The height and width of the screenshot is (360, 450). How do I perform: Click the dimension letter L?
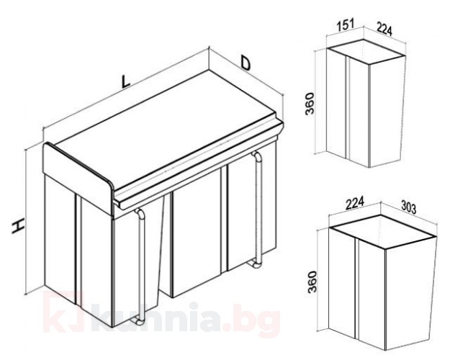pos(125,81)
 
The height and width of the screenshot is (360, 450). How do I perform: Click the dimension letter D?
pos(246,63)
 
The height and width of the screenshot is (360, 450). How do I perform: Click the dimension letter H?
pos(18,226)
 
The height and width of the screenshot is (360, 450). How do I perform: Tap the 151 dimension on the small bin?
pos(346,24)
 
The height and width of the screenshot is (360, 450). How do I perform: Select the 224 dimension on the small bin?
pos(384,30)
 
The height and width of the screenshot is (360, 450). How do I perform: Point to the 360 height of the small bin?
pos(310,104)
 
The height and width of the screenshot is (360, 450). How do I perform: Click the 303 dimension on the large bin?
pos(408,207)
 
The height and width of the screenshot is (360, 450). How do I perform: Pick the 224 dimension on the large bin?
pos(355,202)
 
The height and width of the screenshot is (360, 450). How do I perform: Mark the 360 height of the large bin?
pos(312,282)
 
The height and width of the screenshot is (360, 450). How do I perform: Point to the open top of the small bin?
pos(366,52)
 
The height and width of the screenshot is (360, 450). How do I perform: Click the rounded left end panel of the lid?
pos(78,179)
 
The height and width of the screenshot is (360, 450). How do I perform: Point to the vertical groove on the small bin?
pos(347,108)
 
